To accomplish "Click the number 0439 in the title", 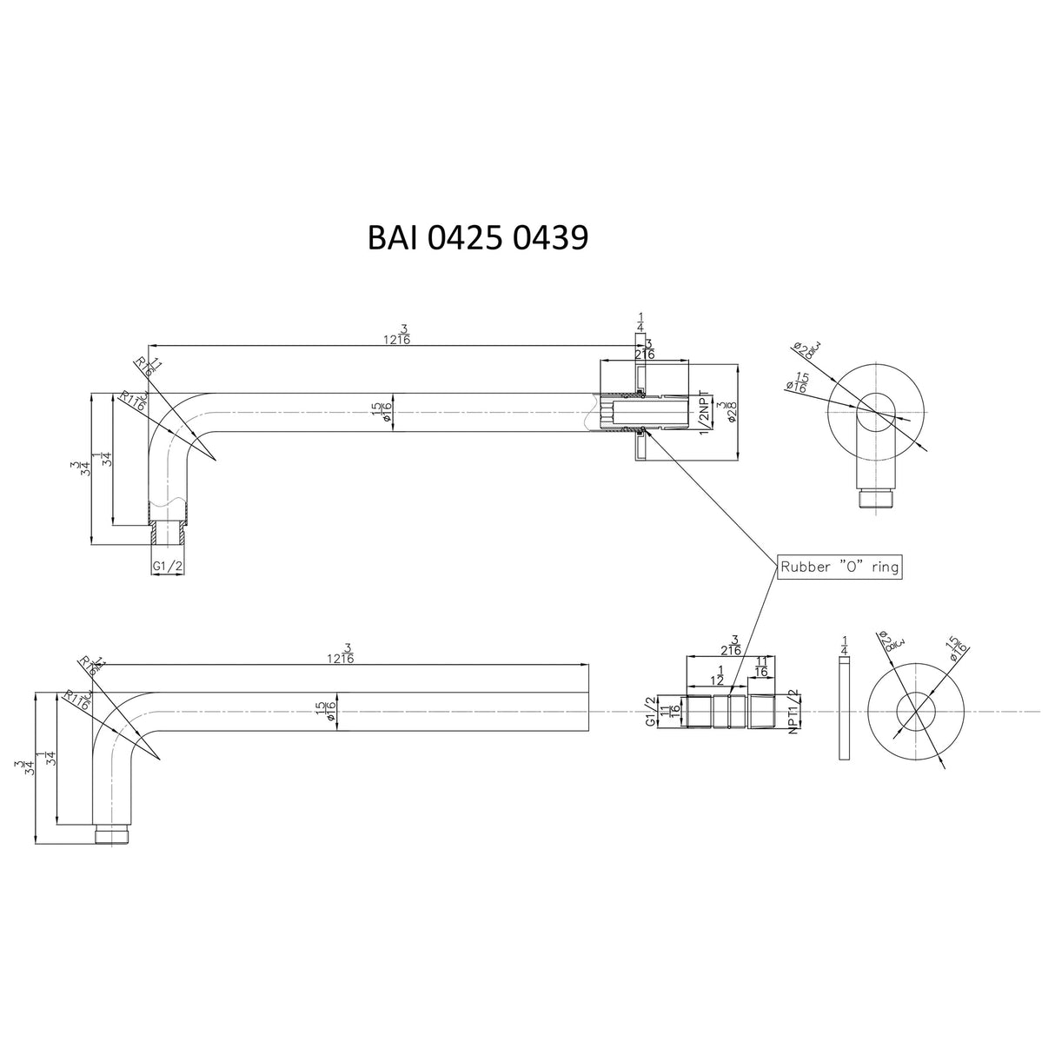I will [x=549, y=236].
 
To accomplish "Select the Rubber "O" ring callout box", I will [x=839, y=567].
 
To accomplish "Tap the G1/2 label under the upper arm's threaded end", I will [x=167, y=566].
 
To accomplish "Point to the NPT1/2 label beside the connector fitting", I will [x=793, y=713].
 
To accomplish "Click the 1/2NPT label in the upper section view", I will [x=704, y=408].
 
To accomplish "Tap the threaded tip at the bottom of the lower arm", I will [x=112, y=835].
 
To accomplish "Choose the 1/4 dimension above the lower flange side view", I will [x=845, y=645].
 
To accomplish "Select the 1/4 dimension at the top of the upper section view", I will [x=641, y=322].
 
